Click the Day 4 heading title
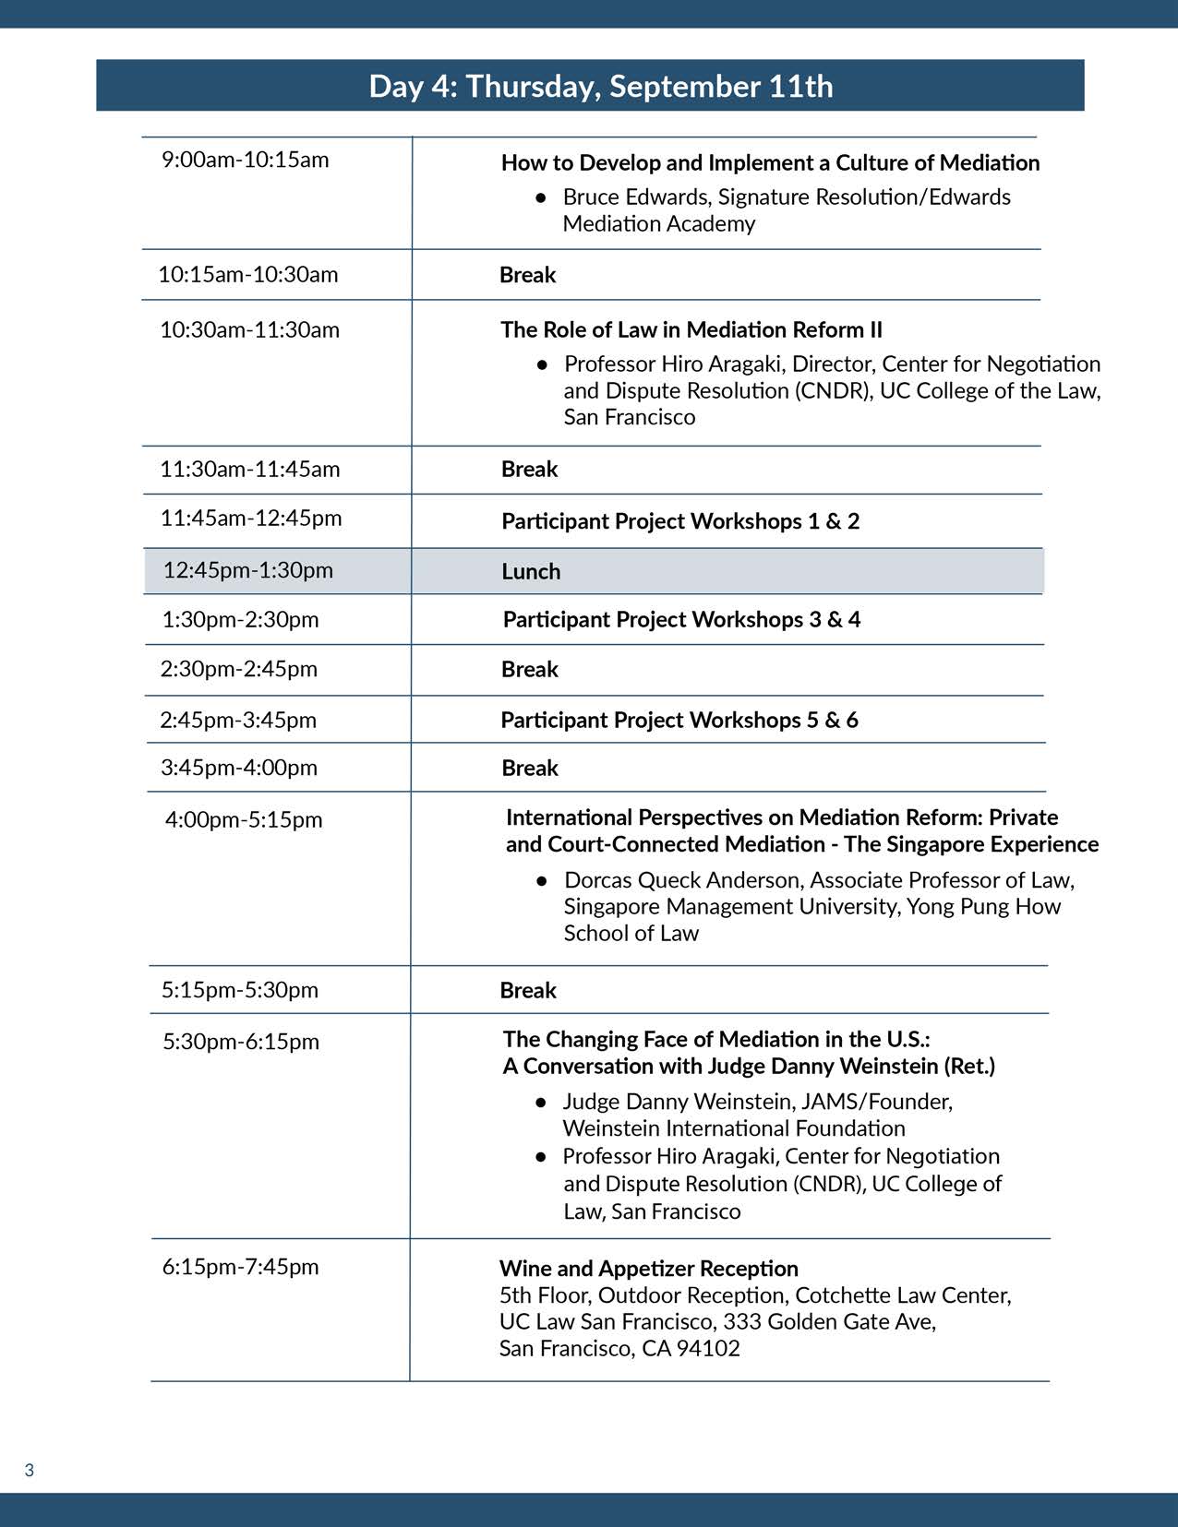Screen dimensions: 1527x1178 click(600, 86)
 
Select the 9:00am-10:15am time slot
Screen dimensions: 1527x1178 click(245, 160)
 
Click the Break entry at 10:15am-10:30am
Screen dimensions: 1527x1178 click(527, 275)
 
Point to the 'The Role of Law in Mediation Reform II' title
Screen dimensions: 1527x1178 click(691, 329)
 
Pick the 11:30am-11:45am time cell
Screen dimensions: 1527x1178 click(249, 469)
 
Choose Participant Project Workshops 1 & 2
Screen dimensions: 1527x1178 click(680, 521)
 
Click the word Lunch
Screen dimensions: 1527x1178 click(531, 571)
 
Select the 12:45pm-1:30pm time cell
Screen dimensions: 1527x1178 click(247, 570)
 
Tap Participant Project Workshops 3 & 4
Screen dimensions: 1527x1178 click(681, 619)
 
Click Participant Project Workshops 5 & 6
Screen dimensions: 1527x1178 click(679, 720)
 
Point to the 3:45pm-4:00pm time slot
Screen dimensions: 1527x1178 click(239, 768)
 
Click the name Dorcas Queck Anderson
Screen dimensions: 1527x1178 click(682, 880)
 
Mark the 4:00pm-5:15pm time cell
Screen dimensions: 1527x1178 click(244, 819)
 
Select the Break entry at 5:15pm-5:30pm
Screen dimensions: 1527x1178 click(528, 990)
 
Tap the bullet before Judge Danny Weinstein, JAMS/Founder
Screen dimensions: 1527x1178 click(541, 1102)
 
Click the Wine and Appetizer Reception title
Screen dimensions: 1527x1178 click(648, 1269)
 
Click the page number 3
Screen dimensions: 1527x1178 click(30, 1470)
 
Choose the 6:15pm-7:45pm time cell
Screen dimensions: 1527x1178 click(240, 1267)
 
